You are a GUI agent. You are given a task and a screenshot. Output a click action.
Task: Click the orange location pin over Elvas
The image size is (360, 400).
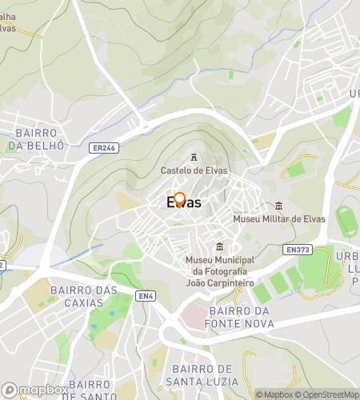click(180, 199)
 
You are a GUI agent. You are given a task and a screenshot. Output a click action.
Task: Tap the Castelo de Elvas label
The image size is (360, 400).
click(194, 170)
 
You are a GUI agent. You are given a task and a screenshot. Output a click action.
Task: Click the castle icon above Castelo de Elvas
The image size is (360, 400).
click(194, 158)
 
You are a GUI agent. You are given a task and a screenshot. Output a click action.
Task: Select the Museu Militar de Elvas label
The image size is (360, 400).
click(278, 218)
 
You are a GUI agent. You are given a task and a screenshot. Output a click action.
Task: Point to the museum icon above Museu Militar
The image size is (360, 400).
click(278, 206)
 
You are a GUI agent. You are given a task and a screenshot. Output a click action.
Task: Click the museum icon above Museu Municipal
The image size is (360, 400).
click(220, 246)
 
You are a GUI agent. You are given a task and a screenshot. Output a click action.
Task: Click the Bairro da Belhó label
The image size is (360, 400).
click(31, 139)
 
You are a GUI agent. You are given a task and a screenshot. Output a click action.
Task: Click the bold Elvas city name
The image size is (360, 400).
click(183, 204)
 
